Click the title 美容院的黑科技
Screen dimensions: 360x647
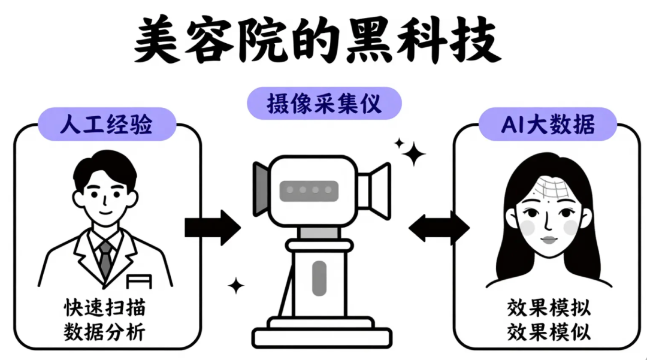click(316, 43)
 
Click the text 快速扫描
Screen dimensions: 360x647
click(105, 309)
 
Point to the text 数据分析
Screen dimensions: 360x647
click(105, 331)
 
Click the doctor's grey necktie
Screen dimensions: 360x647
click(105, 259)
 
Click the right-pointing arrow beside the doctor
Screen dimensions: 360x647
click(212, 227)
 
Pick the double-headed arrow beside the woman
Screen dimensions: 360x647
click(439, 227)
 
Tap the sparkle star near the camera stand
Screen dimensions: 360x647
click(237, 286)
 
